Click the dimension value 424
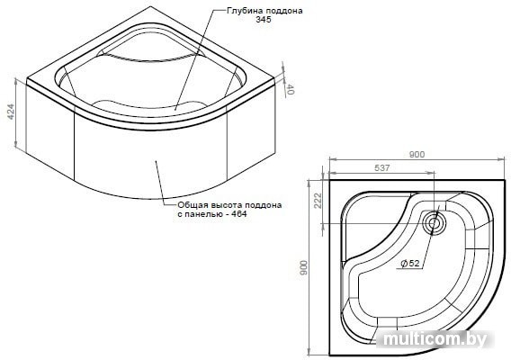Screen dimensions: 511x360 [11, 112]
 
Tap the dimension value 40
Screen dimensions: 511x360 [291, 89]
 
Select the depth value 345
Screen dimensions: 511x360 [264, 20]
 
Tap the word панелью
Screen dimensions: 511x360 [204, 214]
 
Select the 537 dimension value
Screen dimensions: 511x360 [382, 167]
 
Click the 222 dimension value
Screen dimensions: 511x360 [318, 201]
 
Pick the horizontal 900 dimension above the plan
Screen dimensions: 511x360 [417, 154]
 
